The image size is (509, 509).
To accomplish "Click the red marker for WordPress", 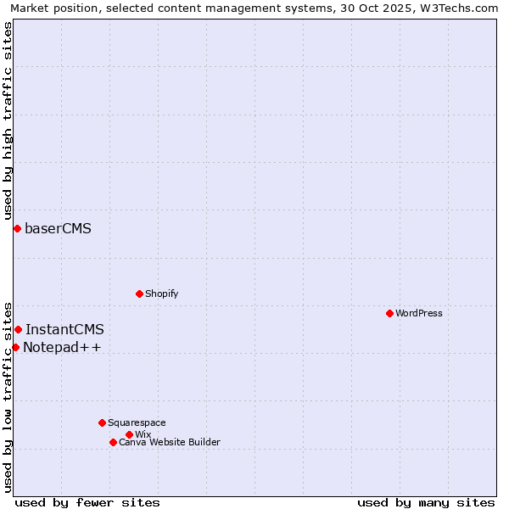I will pyautogui.click(x=389, y=313).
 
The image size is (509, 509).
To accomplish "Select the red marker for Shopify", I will pyautogui.click(x=139, y=294).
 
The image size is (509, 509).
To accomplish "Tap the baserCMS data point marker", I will pyautogui.click(x=17, y=228).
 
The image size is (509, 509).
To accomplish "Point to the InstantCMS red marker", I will pyautogui.click(x=18, y=329).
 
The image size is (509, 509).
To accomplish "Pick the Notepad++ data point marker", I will pyautogui.click(x=15, y=347).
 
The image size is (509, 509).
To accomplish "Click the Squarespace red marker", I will pyautogui.click(x=102, y=422).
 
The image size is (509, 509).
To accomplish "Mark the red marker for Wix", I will pyautogui.click(x=129, y=434).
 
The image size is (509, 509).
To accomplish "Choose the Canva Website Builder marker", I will pyautogui.click(x=113, y=442).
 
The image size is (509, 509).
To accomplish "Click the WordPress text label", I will pyautogui.click(x=419, y=313).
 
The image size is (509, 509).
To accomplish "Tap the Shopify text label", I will pyautogui.click(x=161, y=294).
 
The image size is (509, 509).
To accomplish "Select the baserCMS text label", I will pyautogui.click(x=58, y=228).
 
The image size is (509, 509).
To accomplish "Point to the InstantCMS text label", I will pyautogui.click(x=64, y=329).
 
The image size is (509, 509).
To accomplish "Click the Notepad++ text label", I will pyautogui.click(x=62, y=347).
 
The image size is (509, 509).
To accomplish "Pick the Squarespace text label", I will pyautogui.click(x=137, y=422).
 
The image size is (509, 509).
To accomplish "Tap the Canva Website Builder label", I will pyautogui.click(x=170, y=442).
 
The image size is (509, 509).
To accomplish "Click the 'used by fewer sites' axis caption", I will pyautogui.click(x=87, y=502).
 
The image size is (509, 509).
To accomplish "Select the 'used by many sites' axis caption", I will pyautogui.click(x=426, y=502).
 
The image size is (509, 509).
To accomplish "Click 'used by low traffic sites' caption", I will pyautogui.click(x=8, y=396).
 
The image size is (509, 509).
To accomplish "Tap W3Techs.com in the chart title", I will pyautogui.click(x=459, y=8).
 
